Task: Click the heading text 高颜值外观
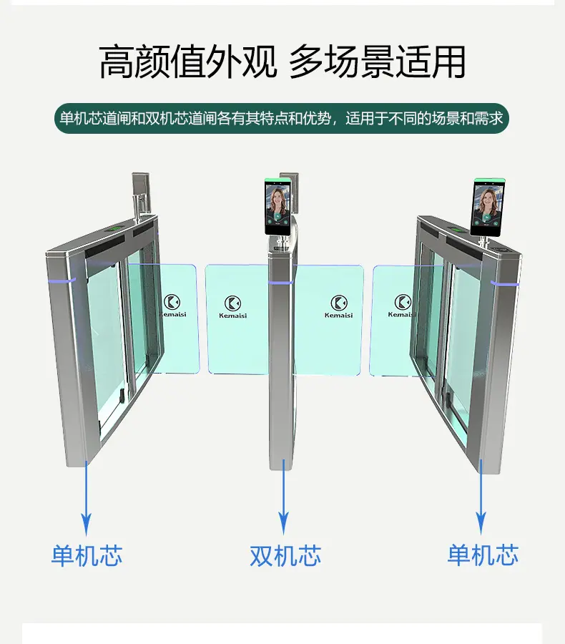[x=187, y=62]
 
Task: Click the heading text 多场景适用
[x=378, y=62]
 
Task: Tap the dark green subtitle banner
[x=282, y=118]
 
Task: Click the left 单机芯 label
[x=87, y=555]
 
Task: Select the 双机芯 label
[x=285, y=555]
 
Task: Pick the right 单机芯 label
[x=483, y=555]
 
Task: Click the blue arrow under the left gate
[x=87, y=498]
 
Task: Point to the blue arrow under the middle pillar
[x=283, y=497]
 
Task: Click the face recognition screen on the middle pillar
[x=278, y=206]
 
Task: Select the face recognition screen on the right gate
[x=487, y=208]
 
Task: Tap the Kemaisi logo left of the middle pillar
[x=233, y=307]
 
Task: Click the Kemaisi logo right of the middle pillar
[x=339, y=307]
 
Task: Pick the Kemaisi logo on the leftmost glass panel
[x=172, y=306]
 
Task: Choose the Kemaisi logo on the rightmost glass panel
[x=402, y=306]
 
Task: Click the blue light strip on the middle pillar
[x=280, y=283]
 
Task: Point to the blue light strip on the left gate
[x=62, y=281]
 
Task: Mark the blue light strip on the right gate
[x=505, y=283]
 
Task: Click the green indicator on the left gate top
[x=115, y=228]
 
